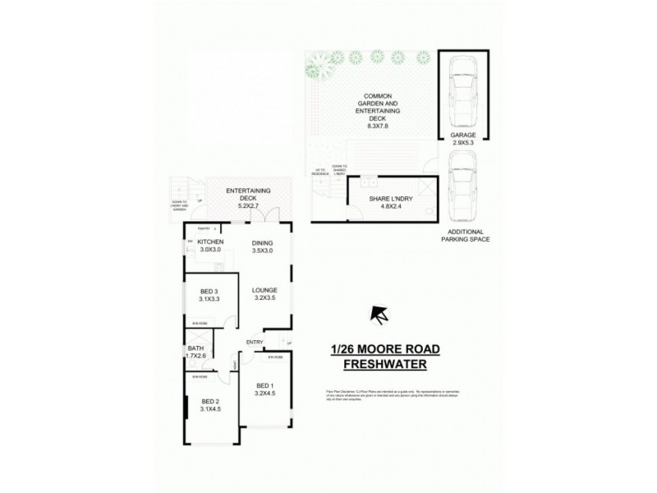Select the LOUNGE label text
coord(264,290)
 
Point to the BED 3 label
coord(209,292)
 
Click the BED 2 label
coord(210,401)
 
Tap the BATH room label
coord(195,348)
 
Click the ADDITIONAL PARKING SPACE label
coord(465,236)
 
